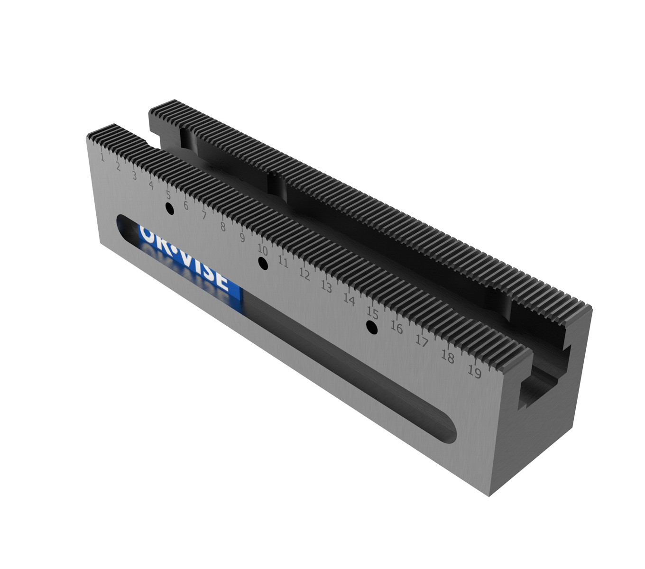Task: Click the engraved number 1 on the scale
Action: click(101, 156)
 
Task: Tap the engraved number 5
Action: click(168, 195)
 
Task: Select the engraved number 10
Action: click(262, 249)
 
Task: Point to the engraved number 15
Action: click(372, 313)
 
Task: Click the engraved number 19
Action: click(474, 372)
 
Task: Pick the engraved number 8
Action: click(222, 227)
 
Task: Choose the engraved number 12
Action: click(304, 274)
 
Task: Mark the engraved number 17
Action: click(422, 340)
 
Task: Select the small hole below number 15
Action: click(372, 327)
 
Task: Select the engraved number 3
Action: click(134, 175)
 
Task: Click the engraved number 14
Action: click(349, 300)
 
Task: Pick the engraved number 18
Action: click(447, 356)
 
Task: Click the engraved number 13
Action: click(326, 286)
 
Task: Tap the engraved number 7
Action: click(204, 216)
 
